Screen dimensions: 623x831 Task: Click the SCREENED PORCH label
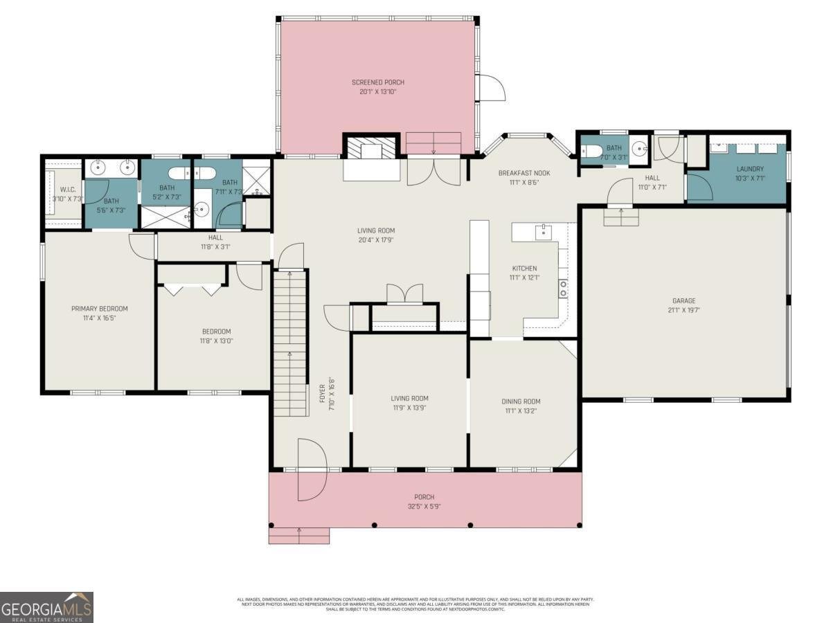click(x=377, y=82)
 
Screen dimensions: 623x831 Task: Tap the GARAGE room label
click(x=683, y=301)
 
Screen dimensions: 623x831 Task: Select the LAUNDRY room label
click(x=750, y=168)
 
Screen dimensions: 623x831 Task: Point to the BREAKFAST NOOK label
click(x=524, y=173)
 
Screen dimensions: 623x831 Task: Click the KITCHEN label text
click(x=524, y=269)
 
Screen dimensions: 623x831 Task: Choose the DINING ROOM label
click(x=521, y=401)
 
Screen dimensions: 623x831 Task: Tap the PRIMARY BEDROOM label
click(x=100, y=309)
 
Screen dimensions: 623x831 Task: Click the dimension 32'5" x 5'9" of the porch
click(x=424, y=506)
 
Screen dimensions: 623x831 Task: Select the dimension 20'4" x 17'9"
click(x=376, y=240)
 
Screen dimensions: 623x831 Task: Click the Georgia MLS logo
click(x=46, y=607)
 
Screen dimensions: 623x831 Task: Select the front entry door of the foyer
click(x=311, y=469)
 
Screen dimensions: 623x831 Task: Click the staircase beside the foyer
click(x=291, y=343)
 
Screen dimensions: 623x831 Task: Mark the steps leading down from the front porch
click(x=299, y=535)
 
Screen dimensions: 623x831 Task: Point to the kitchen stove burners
click(x=564, y=288)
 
